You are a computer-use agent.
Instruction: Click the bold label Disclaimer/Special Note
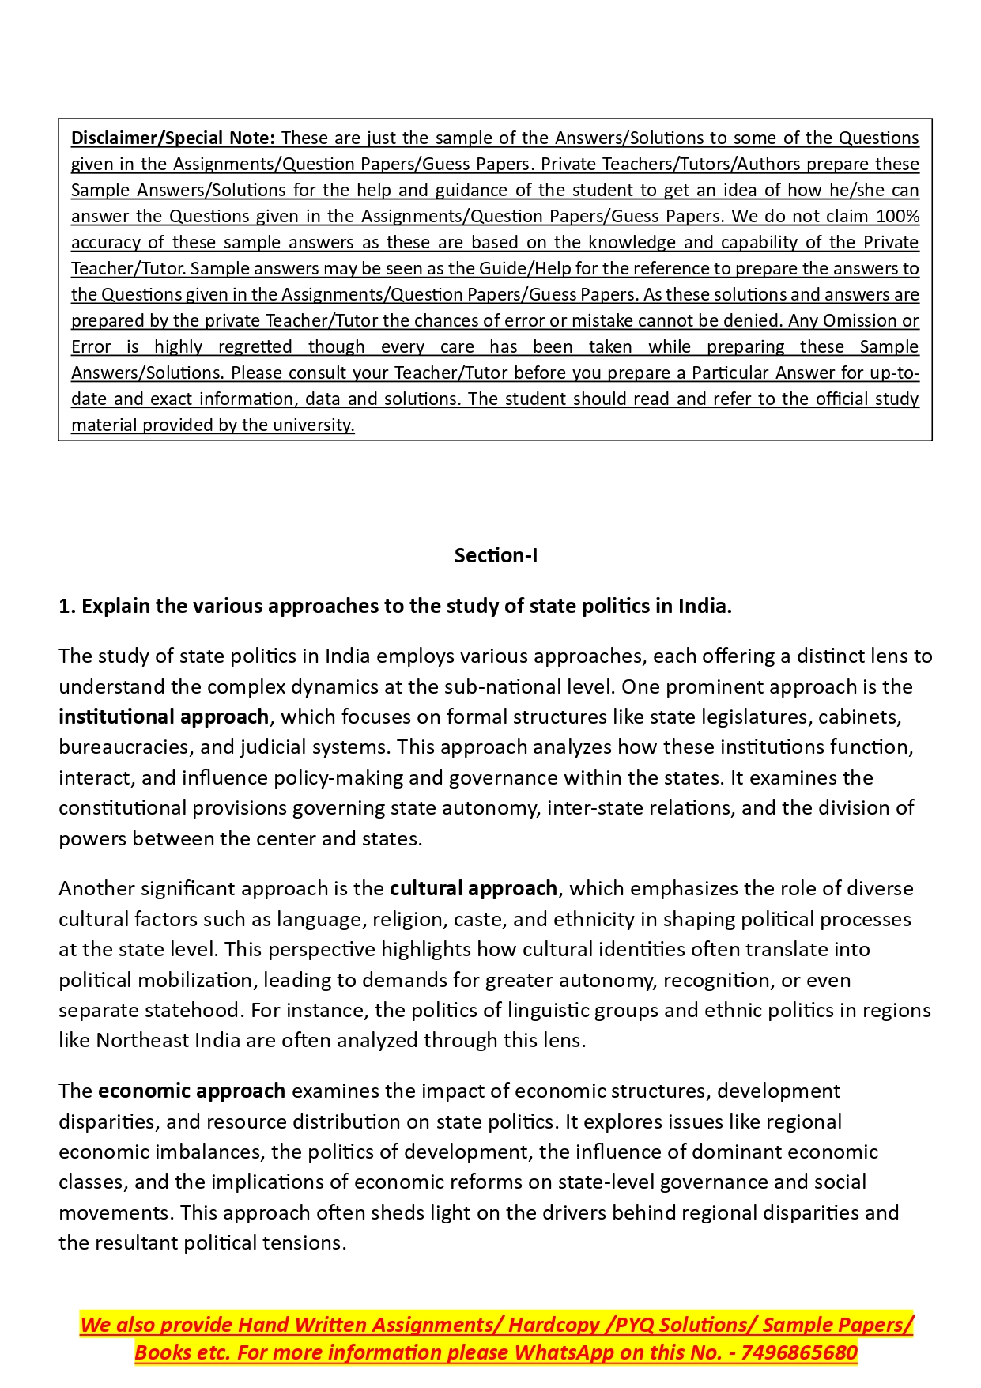[172, 138]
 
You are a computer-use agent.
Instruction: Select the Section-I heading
[496, 555]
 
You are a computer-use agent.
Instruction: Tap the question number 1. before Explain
[67, 606]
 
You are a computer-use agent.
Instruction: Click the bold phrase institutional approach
[164, 717]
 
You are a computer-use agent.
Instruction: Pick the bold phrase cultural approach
[474, 888]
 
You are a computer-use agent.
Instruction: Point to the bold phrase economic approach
[191, 1091]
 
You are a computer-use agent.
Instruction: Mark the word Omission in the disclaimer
[859, 320]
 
